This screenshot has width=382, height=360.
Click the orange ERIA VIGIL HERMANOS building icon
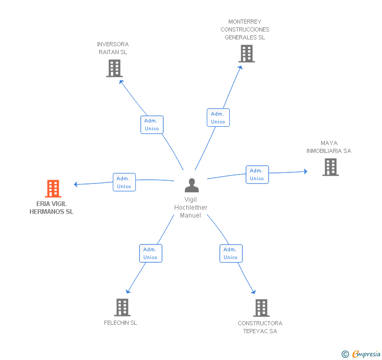53,189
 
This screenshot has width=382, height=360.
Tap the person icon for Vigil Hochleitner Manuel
192,185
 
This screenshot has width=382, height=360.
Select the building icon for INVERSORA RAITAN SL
114,68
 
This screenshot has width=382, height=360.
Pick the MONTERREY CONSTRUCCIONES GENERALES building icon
247,54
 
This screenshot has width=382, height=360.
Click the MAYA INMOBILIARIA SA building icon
331,167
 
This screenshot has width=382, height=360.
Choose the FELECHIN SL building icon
122,307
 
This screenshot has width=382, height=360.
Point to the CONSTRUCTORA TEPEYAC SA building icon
261,308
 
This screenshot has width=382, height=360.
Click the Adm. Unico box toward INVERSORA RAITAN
152,125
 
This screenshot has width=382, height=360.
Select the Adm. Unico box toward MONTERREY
218,118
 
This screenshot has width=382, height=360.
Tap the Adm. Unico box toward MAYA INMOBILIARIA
257,174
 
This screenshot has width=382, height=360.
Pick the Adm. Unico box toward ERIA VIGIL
124,182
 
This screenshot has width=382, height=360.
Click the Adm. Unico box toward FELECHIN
151,253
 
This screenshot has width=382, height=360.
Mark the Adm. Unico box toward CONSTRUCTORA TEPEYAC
231,253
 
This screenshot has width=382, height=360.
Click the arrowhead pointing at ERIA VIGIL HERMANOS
76,184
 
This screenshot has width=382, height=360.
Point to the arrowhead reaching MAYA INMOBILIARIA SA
305,171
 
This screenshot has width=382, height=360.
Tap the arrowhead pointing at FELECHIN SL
128,291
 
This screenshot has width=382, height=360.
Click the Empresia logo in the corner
361,354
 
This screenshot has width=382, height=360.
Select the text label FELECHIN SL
120,323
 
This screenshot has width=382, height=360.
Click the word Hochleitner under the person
191,208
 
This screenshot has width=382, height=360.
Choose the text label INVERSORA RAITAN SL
113,48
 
